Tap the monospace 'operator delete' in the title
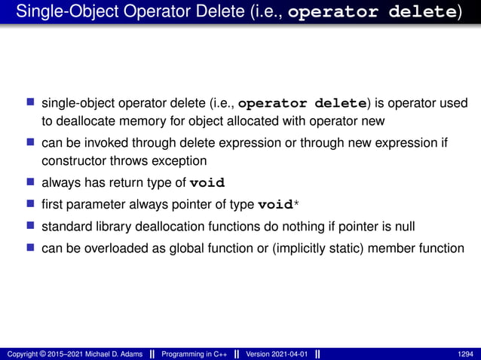pos(372,12)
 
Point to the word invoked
pos(103,142)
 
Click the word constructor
pos(72,160)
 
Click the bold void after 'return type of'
pos(207,182)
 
